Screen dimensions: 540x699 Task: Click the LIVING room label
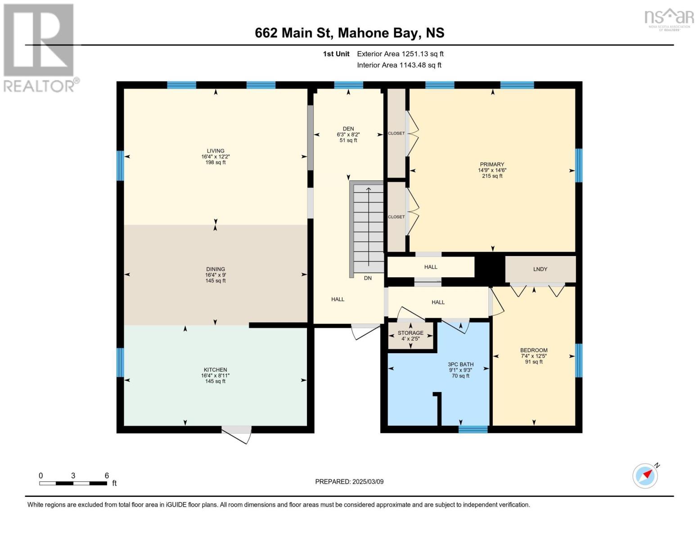coord(215,151)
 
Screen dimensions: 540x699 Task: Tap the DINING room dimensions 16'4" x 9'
coord(215,275)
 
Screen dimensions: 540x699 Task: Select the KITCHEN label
coord(215,370)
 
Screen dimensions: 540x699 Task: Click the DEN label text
coord(348,129)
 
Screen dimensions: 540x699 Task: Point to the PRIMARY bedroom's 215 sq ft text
coord(492,176)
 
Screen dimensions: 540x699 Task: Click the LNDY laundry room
coord(540,269)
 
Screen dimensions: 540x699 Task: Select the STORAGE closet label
coord(410,333)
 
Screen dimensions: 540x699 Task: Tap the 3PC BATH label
coord(460,364)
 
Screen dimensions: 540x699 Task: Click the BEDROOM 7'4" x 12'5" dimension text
coord(534,356)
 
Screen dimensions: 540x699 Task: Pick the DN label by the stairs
coord(368,278)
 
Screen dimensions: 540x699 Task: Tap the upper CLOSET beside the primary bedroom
coord(397,133)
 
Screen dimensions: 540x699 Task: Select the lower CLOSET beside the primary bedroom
coord(397,217)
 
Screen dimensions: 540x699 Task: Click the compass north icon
coord(645,476)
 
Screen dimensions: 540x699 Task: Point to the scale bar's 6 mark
coord(107,476)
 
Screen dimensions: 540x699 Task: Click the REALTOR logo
coord(39,47)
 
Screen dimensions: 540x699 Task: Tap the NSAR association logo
coord(669,19)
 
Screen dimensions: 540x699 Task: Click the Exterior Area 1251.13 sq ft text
coord(400,54)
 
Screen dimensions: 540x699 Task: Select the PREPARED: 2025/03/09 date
coord(349,481)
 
